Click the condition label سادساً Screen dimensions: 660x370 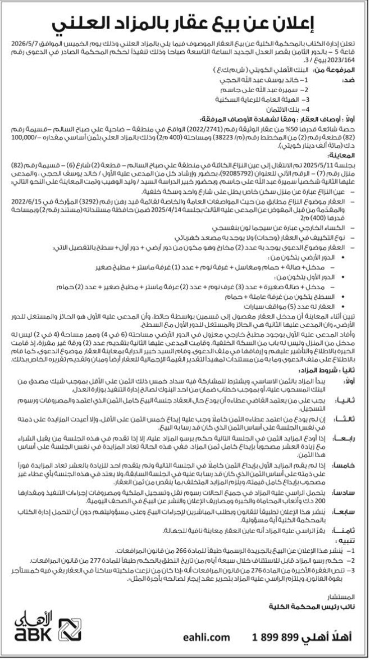point(346,477)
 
